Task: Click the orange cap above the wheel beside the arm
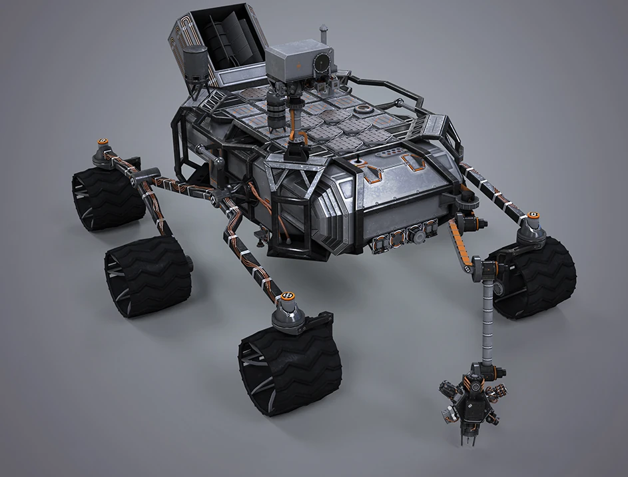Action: (x=533, y=217)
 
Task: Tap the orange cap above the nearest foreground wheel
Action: (x=290, y=295)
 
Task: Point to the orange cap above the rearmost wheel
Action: (x=103, y=142)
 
